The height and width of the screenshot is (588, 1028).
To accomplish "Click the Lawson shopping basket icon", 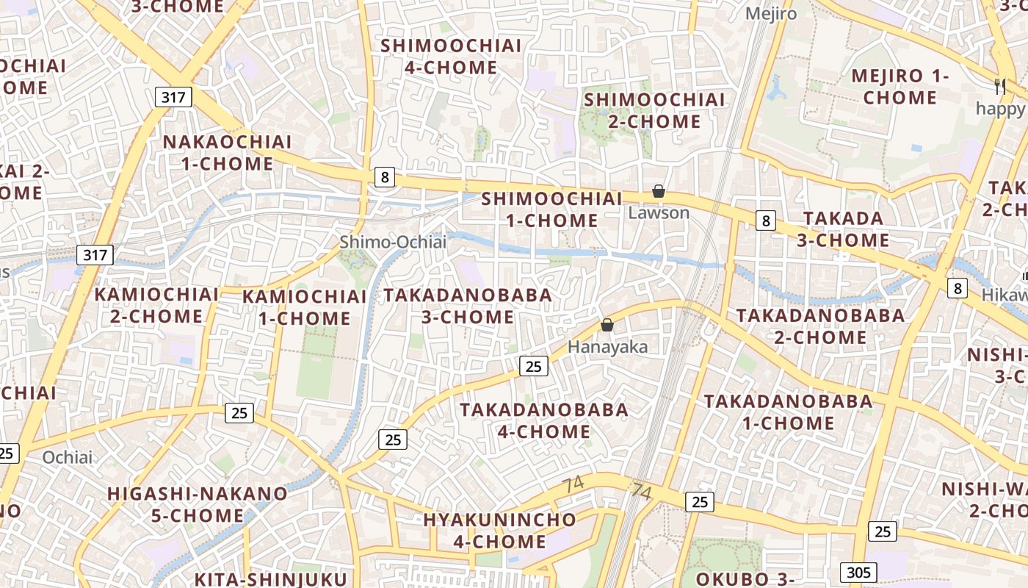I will pyautogui.click(x=659, y=192).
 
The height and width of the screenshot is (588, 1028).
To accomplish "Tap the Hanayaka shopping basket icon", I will pyautogui.click(x=607, y=325).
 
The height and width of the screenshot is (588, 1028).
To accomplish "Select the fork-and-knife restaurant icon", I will pyautogui.click(x=999, y=87).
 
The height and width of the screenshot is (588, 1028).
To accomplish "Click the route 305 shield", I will pyautogui.click(x=858, y=572).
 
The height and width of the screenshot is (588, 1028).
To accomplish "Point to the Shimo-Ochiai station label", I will pyautogui.click(x=393, y=242).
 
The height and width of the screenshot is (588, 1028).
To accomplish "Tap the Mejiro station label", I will pyautogui.click(x=770, y=13).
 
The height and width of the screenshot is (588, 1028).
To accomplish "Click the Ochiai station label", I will pyautogui.click(x=68, y=457).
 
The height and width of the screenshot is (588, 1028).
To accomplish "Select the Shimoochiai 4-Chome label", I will pyautogui.click(x=451, y=57).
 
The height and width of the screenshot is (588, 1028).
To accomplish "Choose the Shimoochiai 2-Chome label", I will pyautogui.click(x=654, y=110).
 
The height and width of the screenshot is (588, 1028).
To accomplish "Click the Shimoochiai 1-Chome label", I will pyautogui.click(x=551, y=209).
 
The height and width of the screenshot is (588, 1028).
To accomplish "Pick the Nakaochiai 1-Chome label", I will pyautogui.click(x=228, y=153).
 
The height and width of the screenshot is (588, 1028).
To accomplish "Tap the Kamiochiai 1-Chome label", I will pyautogui.click(x=305, y=308).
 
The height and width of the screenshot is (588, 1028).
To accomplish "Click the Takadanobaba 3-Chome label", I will pyautogui.click(x=468, y=306).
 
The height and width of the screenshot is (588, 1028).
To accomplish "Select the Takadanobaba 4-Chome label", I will pyautogui.click(x=544, y=420).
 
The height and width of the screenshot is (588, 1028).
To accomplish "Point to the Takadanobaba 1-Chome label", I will pyautogui.click(x=789, y=412).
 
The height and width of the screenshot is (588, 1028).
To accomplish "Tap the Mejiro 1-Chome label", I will pyautogui.click(x=900, y=87).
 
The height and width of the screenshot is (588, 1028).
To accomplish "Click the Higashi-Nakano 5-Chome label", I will pyautogui.click(x=198, y=504).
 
